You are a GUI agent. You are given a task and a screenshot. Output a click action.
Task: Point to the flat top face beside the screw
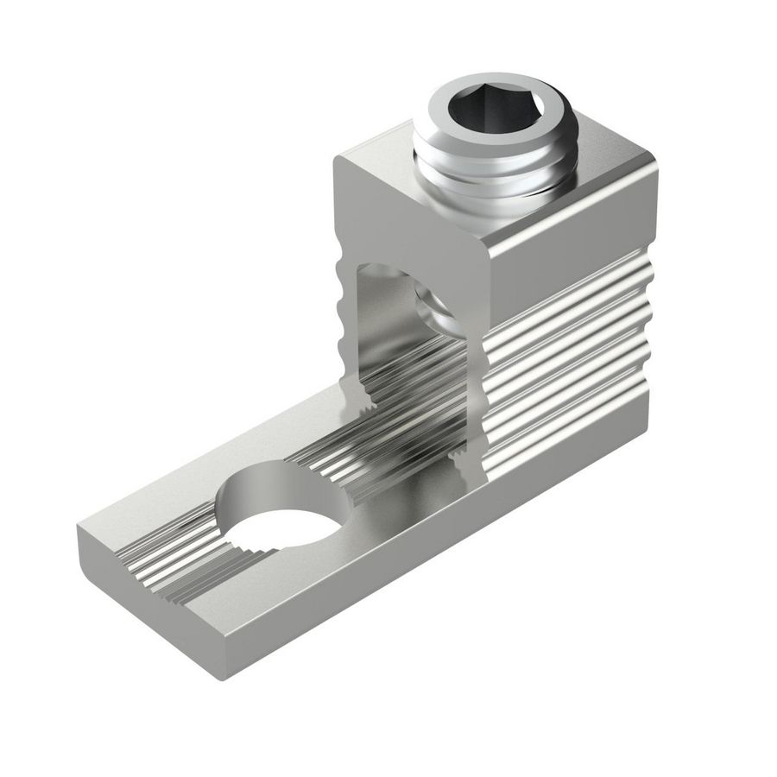tap(604, 186)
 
